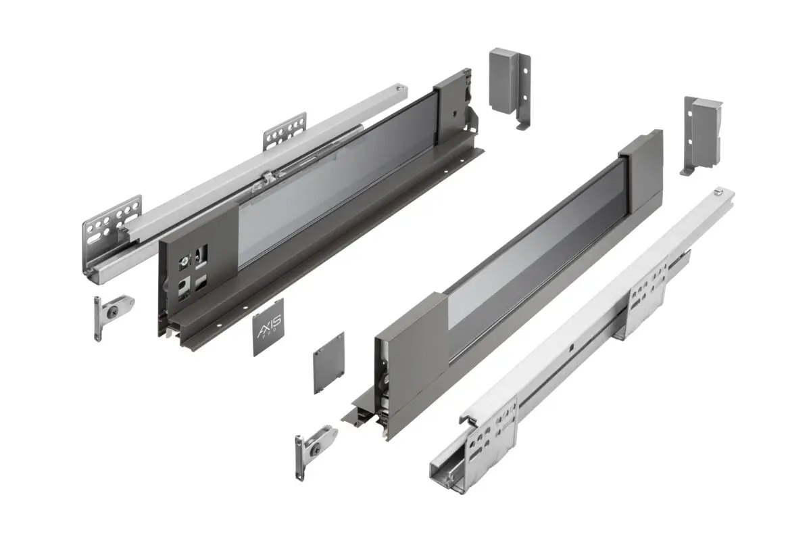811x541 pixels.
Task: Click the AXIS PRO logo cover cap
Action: pyautogui.click(x=269, y=331)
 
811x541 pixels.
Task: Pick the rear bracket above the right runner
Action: pyautogui.click(x=701, y=132)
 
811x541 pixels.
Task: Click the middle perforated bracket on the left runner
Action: pyautogui.click(x=285, y=130)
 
